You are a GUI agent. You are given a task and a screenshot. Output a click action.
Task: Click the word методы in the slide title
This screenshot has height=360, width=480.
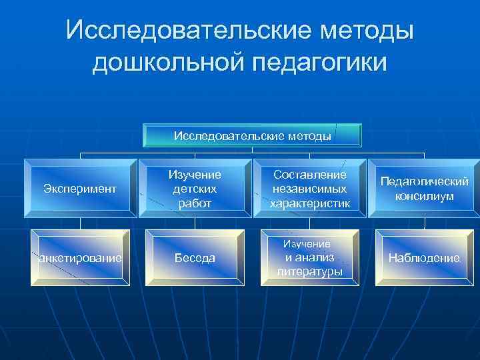[x=372, y=30]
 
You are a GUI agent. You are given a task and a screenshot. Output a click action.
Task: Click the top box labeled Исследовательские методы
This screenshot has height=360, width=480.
[x=253, y=136]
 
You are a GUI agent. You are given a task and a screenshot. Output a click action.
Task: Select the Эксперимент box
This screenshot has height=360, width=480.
[x=79, y=189]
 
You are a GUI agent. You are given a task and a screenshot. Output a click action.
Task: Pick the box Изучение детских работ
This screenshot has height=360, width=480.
[x=195, y=189]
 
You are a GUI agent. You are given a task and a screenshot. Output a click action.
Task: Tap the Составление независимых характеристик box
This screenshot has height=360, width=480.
[x=310, y=189]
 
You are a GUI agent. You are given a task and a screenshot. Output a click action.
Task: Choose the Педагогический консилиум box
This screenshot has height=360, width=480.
[x=425, y=189]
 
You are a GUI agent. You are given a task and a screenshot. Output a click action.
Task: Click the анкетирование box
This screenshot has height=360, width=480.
[x=79, y=258]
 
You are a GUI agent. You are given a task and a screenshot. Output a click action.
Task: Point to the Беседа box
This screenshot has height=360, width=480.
[x=195, y=258]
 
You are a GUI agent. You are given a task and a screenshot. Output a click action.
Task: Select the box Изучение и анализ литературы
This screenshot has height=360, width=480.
[x=310, y=258]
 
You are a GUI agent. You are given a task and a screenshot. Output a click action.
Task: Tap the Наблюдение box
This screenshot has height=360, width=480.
[x=425, y=258]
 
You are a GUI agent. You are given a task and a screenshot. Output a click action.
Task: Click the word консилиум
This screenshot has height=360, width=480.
[x=425, y=196]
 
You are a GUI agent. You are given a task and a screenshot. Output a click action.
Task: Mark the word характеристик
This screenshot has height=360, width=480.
[x=310, y=203]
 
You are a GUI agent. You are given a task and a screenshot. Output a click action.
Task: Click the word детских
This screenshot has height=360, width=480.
[x=195, y=189]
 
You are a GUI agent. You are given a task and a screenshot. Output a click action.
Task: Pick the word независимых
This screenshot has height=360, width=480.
[x=310, y=189]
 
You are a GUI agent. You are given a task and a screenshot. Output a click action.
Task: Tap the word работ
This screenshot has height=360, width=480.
[x=195, y=203]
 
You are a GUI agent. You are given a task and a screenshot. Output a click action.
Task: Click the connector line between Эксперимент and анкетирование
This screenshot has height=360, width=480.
[x=79, y=223]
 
